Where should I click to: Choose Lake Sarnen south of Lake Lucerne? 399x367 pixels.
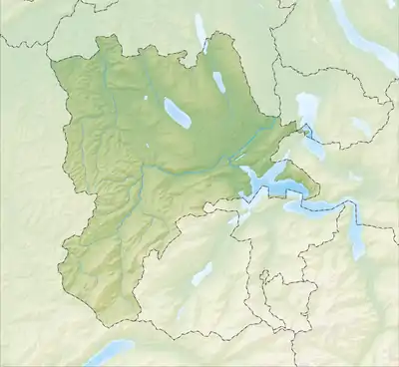(x=200, y=274)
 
